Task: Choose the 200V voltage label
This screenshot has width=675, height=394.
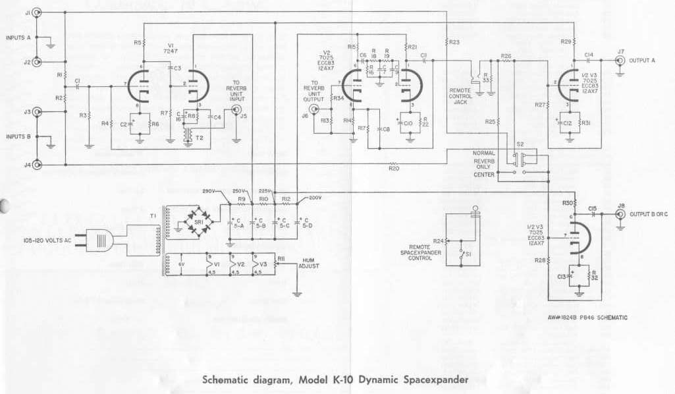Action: pyautogui.click(x=314, y=197)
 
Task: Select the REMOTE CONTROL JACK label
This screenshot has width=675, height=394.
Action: pyautogui.click(x=460, y=95)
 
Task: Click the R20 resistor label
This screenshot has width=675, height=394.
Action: pyautogui.click(x=394, y=169)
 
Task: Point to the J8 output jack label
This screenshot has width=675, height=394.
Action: pyautogui.click(x=620, y=206)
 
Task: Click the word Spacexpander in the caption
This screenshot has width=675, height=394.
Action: pyautogui.click(x=430, y=380)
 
